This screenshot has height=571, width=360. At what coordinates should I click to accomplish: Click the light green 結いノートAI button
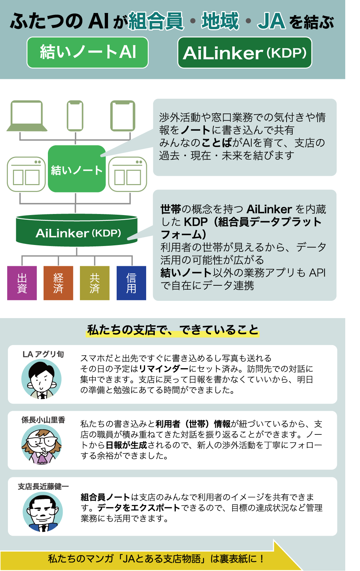coord(87,53)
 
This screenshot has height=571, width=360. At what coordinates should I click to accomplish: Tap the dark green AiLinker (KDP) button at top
coord(244,53)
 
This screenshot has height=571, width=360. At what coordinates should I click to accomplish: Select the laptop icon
coord(27,116)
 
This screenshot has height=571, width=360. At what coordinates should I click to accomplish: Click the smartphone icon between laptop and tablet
coord(75,116)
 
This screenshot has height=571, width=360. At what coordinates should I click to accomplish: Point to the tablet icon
coord(122,116)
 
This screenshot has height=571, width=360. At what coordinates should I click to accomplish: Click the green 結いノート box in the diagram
coord(77,169)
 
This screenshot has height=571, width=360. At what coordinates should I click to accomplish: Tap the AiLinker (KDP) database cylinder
coord(77,230)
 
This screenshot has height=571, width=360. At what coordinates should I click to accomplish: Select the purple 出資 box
coord(22,283)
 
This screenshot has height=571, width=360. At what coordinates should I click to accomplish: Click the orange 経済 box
coord(58,283)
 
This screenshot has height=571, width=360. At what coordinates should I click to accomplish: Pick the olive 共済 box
coord(95,283)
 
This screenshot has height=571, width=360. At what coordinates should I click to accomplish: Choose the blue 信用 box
coord(131,283)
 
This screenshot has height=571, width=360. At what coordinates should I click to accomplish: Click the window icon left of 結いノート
coord(26,174)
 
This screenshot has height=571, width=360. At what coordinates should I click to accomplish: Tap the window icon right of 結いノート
coord(128,174)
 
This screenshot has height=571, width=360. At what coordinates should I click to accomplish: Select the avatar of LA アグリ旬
coord(41,379)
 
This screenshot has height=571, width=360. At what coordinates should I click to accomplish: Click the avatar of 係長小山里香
coord(41,444)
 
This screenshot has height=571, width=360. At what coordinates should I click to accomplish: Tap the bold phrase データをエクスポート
coord(139,508)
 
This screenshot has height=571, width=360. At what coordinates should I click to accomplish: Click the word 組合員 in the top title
coord(156,21)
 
